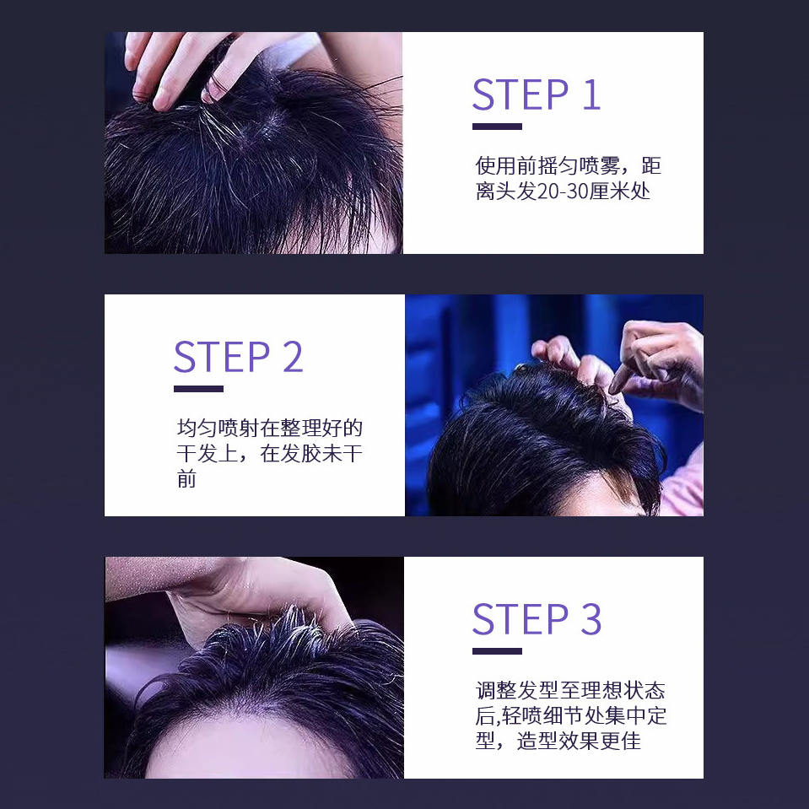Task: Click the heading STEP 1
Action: (537, 95)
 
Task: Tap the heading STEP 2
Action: (239, 357)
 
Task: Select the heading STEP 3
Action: (537, 619)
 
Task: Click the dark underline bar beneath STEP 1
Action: (498, 127)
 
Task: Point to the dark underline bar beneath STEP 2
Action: (198, 389)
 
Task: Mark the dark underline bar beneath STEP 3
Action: (498, 651)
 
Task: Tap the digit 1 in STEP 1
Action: (592, 95)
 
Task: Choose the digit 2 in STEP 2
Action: (293, 357)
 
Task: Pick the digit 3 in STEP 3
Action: (591, 619)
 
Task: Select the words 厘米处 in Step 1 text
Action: (620, 191)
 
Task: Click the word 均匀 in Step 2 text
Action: (197, 428)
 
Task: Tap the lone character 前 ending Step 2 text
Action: (186, 479)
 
